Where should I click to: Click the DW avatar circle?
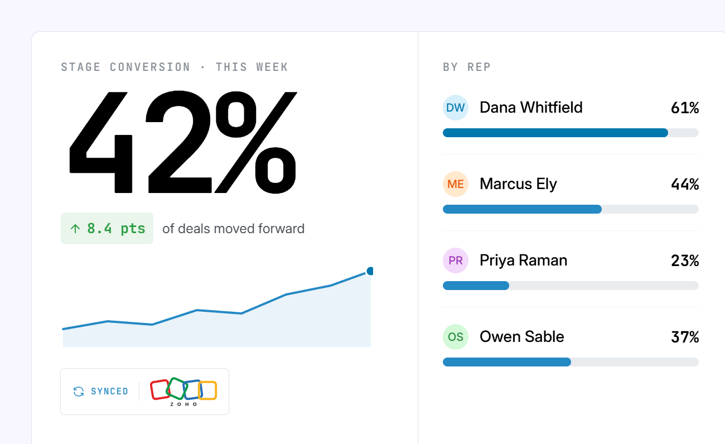[456, 108]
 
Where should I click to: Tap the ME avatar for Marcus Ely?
[456, 184]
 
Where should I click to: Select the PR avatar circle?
[456, 260]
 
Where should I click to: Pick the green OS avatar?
[456, 337]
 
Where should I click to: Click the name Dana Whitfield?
[531, 108]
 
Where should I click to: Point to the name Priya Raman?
[523, 261]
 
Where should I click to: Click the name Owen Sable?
[522, 336]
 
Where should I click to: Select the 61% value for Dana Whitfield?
[685, 108]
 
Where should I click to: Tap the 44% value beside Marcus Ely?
[685, 184]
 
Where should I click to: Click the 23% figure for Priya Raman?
[685, 260]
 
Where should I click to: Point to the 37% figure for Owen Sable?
[685, 337]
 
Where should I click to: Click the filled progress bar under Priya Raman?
[476, 286]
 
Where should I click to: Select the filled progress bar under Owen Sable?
[507, 362]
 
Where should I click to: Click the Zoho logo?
[183, 392]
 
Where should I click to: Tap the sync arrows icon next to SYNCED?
[79, 392]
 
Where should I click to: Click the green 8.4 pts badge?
[107, 229]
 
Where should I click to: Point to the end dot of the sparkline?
[370, 271]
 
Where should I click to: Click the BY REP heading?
[467, 67]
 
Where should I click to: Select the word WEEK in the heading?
[272, 67]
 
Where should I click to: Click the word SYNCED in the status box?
[109, 392]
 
